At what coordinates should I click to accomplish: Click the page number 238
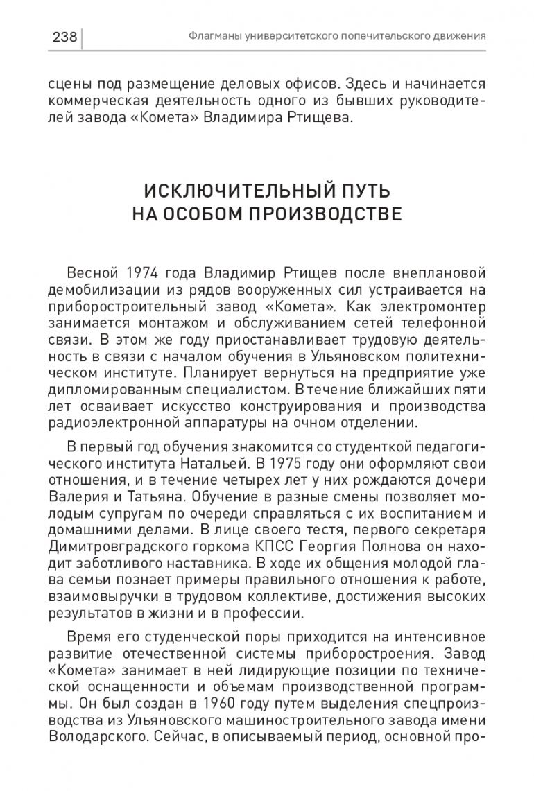pos(64,37)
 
